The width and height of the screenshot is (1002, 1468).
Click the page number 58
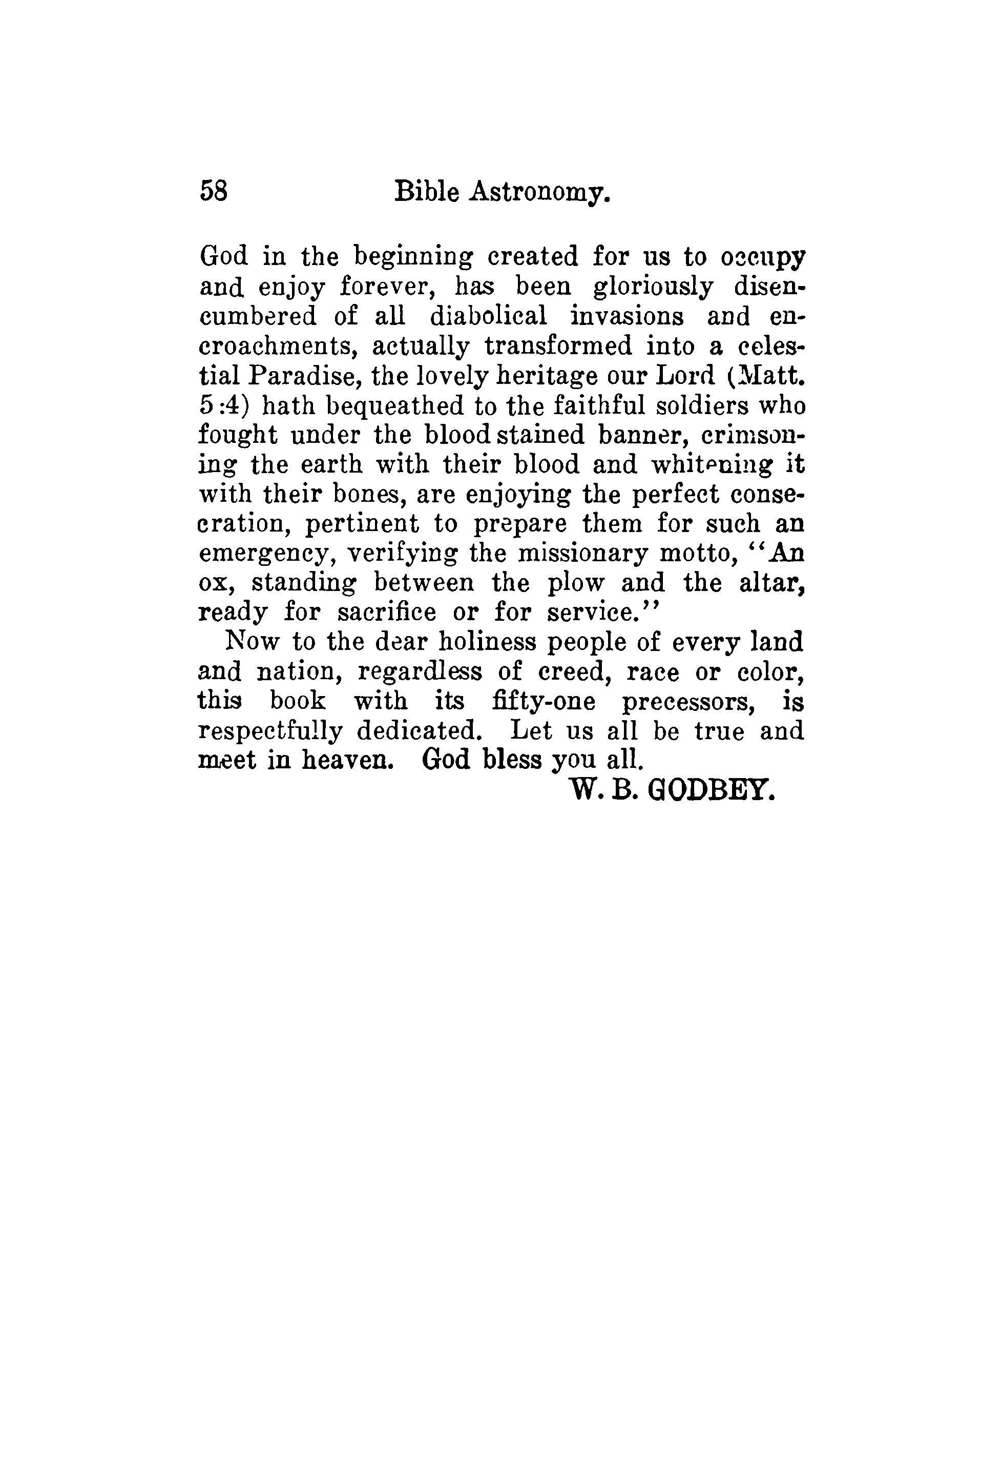214,190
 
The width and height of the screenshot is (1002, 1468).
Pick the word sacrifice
386,612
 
